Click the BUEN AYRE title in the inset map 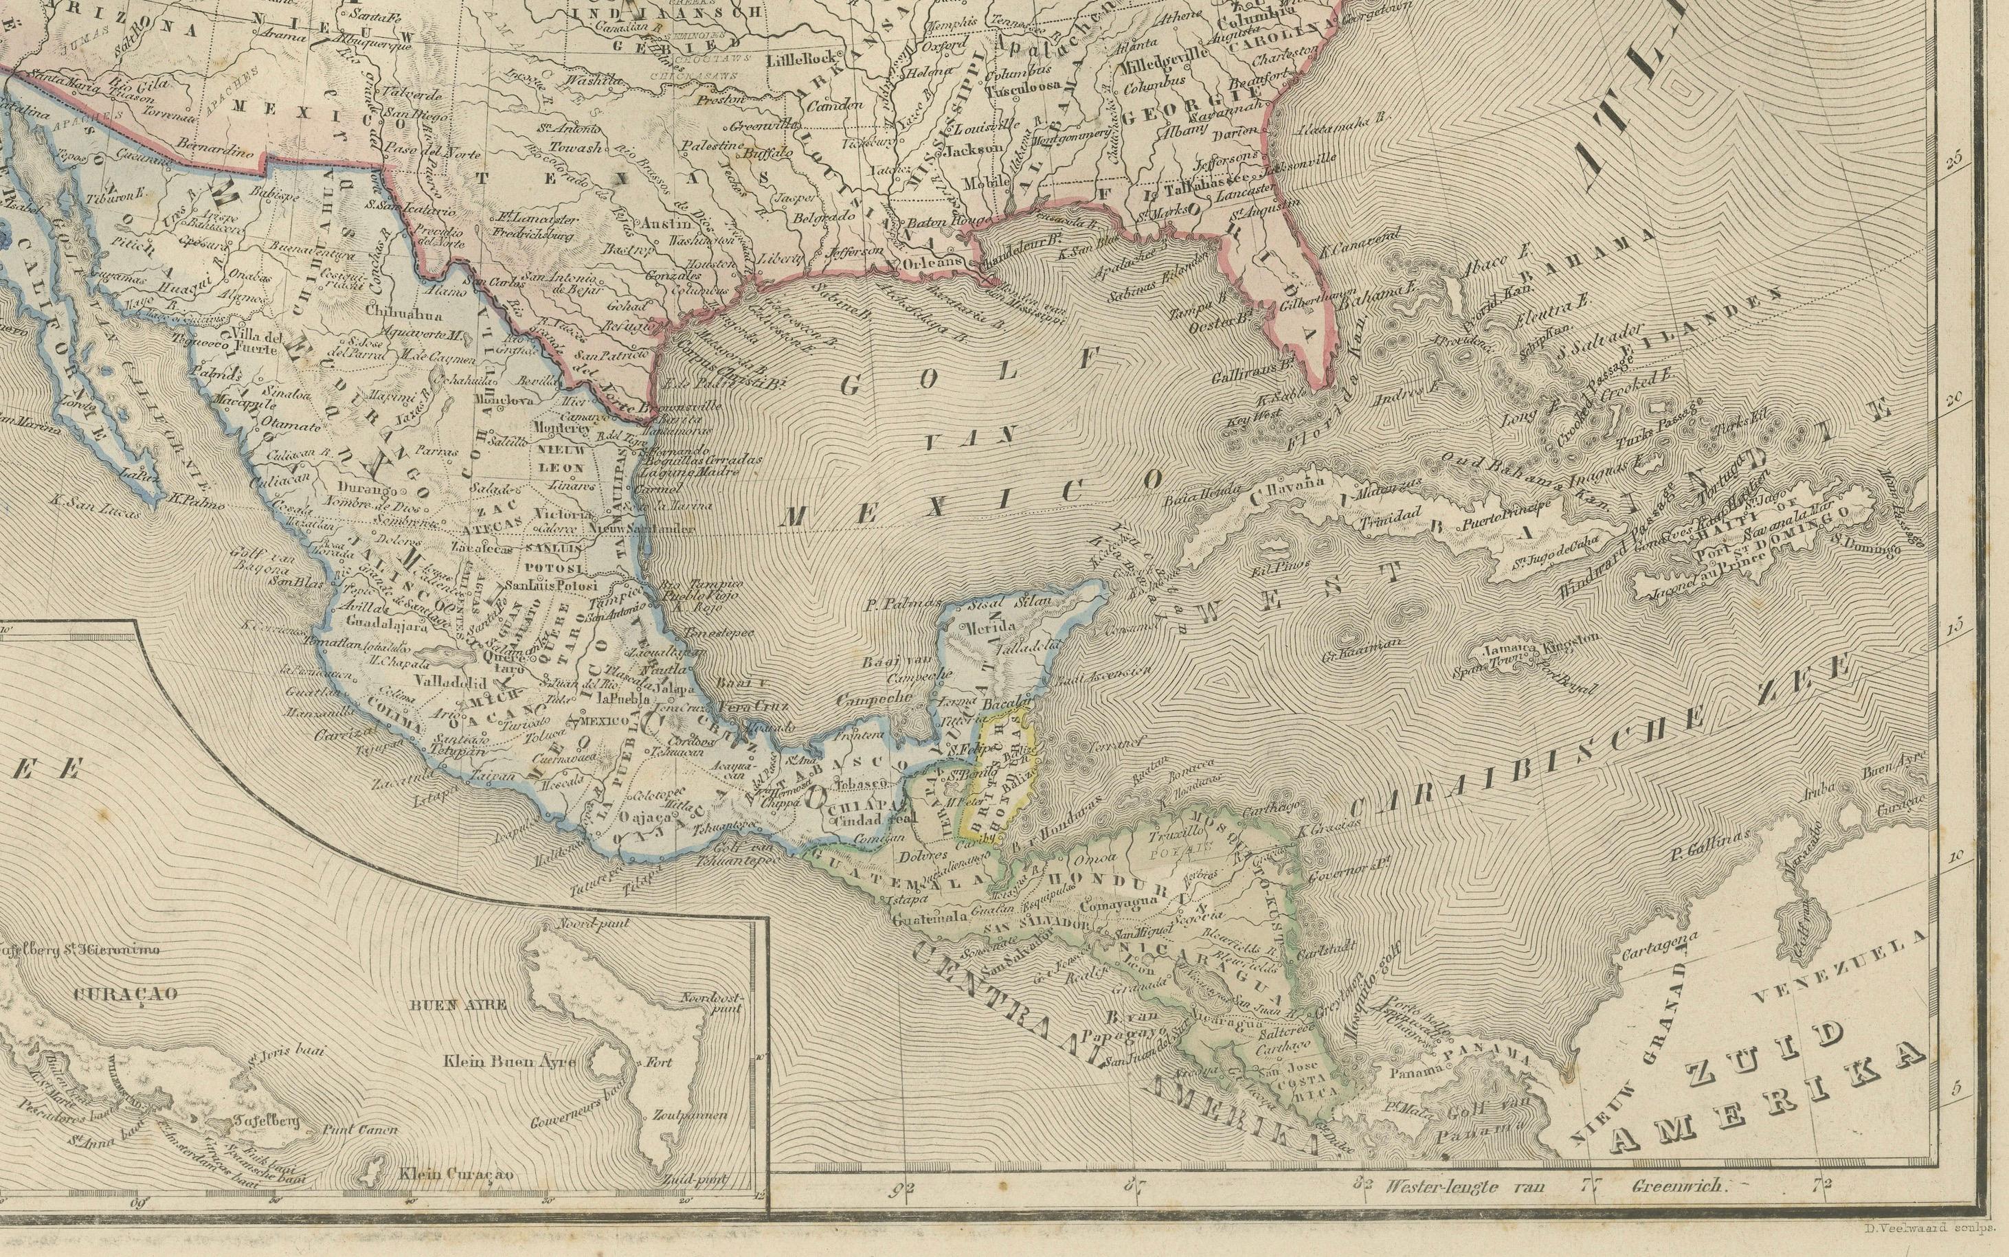click(456, 1004)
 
